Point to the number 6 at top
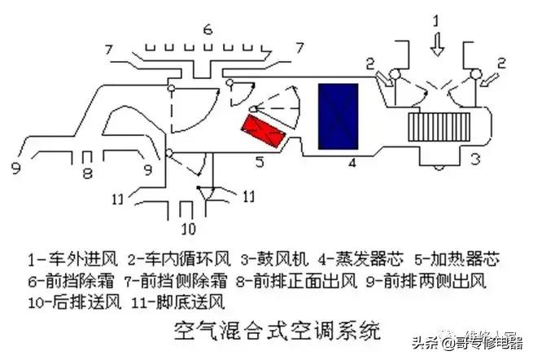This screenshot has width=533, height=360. click(208, 30)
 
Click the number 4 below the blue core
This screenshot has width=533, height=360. click(352, 163)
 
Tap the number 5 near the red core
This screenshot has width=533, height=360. click(259, 163)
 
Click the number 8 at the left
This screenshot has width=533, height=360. click(89, 172)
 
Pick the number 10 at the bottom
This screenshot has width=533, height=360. click(189, 226)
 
